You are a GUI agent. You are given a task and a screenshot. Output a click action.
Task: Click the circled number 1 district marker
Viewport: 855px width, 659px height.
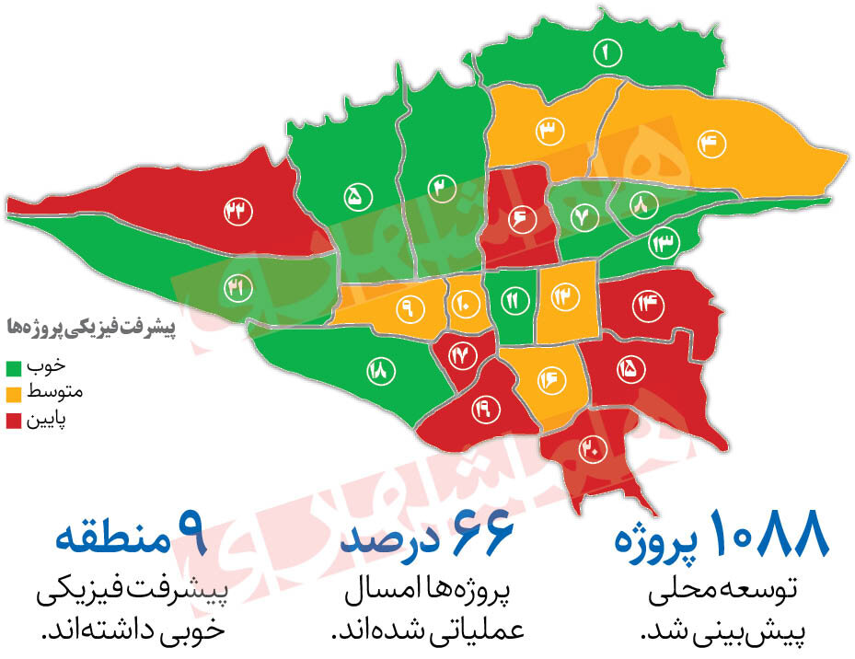pos(607,53)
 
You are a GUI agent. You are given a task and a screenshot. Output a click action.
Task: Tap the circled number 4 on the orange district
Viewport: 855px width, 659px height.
pos(712,143)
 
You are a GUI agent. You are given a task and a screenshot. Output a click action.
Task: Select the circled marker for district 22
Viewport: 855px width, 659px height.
pos(237,211)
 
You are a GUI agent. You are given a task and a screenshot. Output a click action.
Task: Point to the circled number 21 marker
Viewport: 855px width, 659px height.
pos(237,288)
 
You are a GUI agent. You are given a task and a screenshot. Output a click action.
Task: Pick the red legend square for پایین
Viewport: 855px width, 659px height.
pos(14,422)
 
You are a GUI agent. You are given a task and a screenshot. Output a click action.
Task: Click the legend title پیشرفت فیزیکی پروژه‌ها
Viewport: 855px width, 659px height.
pos(89,327)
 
